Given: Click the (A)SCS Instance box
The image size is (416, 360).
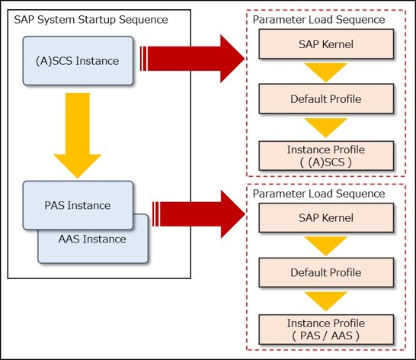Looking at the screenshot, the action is click(x=78, y=61).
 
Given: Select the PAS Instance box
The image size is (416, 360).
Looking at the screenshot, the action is click(x=78, y=205).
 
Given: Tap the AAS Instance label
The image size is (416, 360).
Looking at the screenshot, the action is click(x=92, y=239).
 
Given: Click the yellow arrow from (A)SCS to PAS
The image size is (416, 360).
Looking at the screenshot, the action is click(x=78, y=136).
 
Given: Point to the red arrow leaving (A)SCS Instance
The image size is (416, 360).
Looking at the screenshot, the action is click(x=192, y=59).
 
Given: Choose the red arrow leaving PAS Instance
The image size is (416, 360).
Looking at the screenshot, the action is click(x=198, y=214).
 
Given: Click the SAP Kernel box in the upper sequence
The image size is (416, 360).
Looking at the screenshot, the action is click(x=326, y=44).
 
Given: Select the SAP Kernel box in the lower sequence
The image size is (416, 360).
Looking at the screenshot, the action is click(x=326, y=218).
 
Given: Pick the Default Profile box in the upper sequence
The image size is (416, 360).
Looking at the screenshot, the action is click(x=326, y=99).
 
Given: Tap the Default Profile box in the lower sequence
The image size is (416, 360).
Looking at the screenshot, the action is click(x=326, y=272).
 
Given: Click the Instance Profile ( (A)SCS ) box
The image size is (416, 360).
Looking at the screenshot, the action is click(x=326, y=156).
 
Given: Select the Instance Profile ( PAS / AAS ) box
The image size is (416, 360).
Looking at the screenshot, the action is click(x=326, y=329).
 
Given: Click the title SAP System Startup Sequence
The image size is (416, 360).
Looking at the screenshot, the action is click(x=91, y=20).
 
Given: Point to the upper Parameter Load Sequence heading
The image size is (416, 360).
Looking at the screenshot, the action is click(x=318, y=20).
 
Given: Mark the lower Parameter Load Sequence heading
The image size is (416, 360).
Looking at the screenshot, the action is click(x=318, y=194).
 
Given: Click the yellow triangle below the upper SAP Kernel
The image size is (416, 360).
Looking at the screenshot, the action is click(x=326, y=71).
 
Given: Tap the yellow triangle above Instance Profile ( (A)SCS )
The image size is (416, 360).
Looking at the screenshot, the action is click(x=326, y=127).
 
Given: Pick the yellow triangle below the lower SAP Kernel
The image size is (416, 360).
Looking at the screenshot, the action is click(x=326, y=245).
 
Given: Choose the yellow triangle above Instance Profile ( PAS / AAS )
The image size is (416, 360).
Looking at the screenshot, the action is click(x=326, y=301).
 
